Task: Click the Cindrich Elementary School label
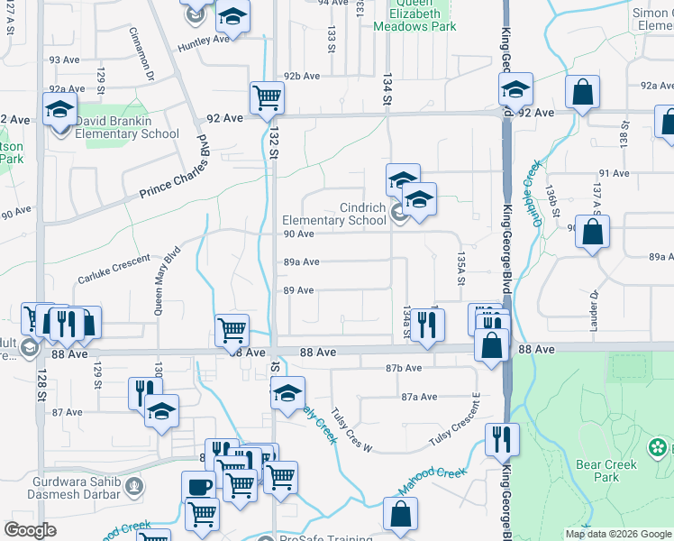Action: (334, 214)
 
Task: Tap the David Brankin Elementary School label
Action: (127, 127)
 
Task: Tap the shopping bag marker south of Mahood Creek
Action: (399, 514)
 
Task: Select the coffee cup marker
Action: (199, 486)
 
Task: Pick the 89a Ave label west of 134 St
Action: (302, 262)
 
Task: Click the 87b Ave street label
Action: (404, 368)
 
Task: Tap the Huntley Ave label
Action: (204, 40)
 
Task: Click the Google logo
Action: (30, 530)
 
